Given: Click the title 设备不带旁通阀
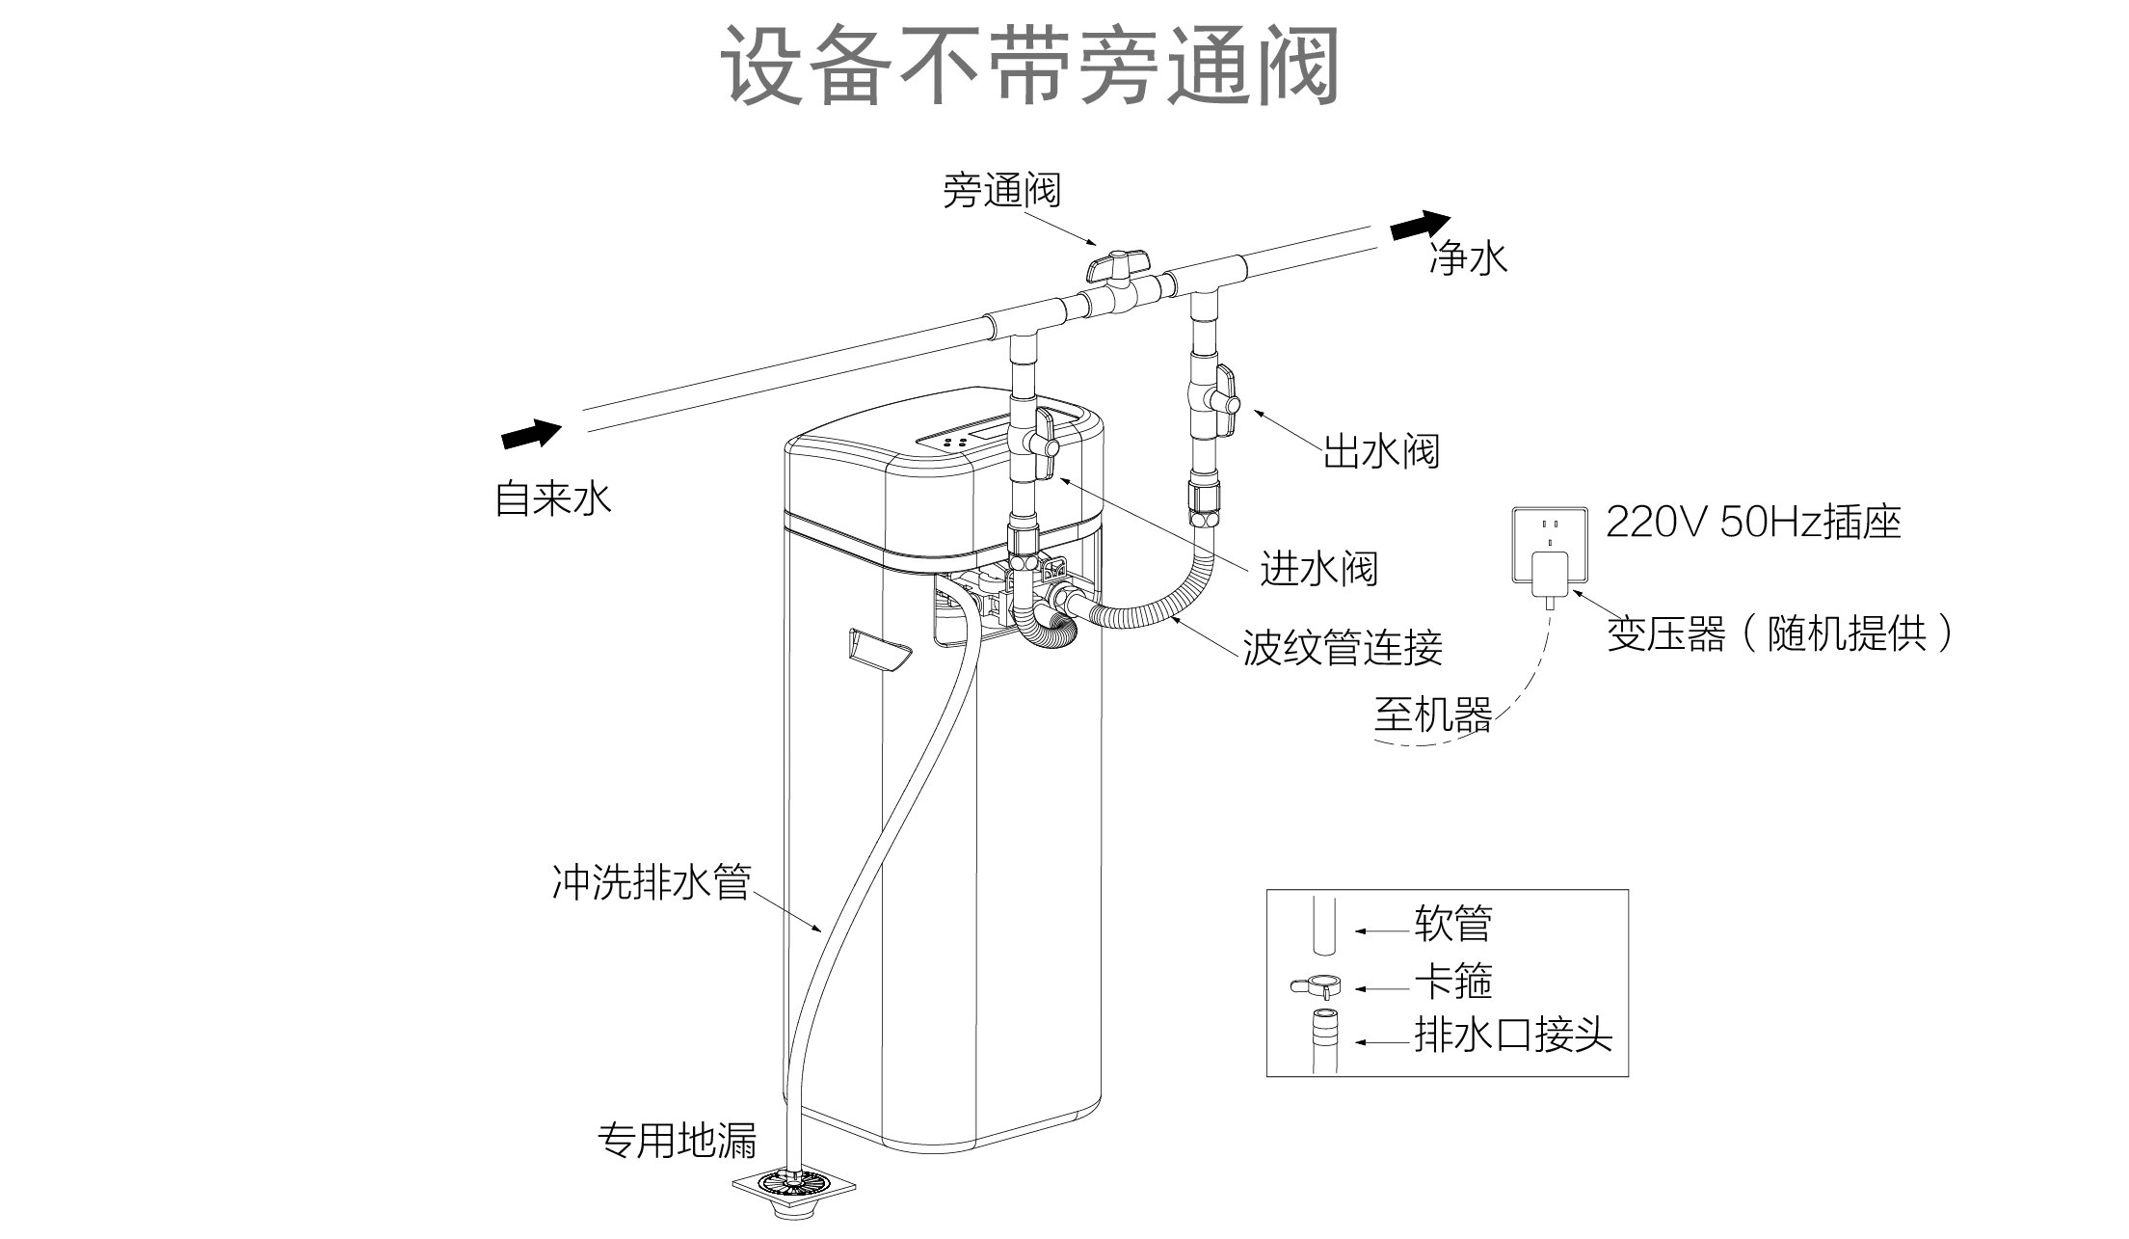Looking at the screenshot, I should (1030, 66).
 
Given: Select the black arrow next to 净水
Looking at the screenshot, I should (1420, 228).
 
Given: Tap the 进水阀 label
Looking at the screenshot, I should (1318, 568).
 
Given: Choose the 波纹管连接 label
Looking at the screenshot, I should (1342, 647).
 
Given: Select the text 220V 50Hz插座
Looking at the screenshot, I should (1753, 522).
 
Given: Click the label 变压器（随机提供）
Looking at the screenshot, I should (1779, 634).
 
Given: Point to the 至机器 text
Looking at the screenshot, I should (1432, 714).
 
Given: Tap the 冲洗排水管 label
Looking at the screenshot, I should (651, 881).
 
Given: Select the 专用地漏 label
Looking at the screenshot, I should (678, 1140).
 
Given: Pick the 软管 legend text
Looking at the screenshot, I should (1452, 924).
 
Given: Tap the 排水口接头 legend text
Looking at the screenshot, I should (1512, 1035).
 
